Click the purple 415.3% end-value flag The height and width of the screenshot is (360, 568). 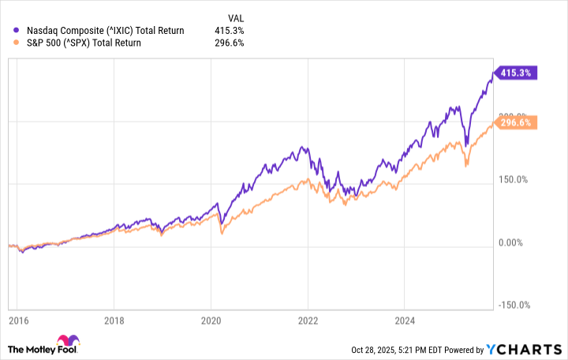[x=516, y=73]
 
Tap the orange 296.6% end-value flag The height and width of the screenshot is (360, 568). [x=516, y=122]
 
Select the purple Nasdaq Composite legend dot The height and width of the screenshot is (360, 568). [x=17, y=30]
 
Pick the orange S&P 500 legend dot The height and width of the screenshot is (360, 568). [x=17, y=43]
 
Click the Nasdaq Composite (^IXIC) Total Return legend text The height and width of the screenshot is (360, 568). [x=105, y=30]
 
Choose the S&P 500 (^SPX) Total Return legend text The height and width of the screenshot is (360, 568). [x=84, y=43]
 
